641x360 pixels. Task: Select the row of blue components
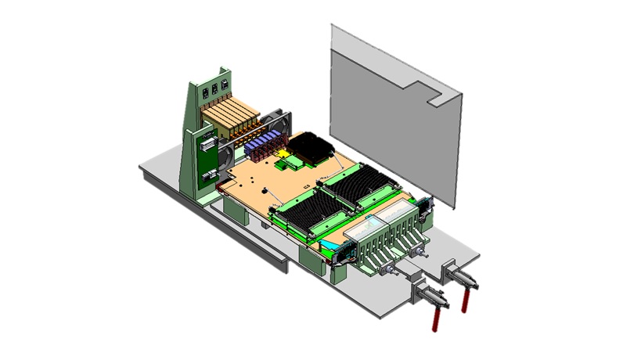click(x=262, y=143)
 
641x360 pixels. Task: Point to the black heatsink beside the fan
click(x=311, y=149)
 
